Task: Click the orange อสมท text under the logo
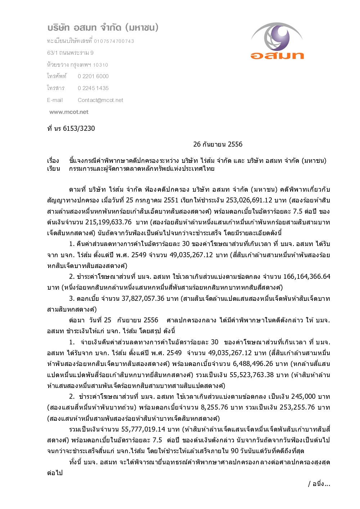click(x=277, y=55)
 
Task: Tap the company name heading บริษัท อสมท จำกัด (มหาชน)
click(x=103, y=27)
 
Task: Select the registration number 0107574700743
click(x=114, y=41)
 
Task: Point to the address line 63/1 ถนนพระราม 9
click(x=70, y=53)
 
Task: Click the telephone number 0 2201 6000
click(x=93, y=76)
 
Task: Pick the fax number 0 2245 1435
click(x=93, y=88)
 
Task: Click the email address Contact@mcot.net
click(x=100, y=100)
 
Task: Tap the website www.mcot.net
click(x=69, y=112)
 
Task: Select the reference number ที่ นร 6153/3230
click(x=71, y=129)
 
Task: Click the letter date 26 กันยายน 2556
click(x=218, y=144)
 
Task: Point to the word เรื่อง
click(x=53, y=161)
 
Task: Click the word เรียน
click(x=53, y=169)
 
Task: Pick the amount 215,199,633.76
click(x=108, y=222)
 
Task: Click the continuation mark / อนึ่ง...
click(x=319, y=484)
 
